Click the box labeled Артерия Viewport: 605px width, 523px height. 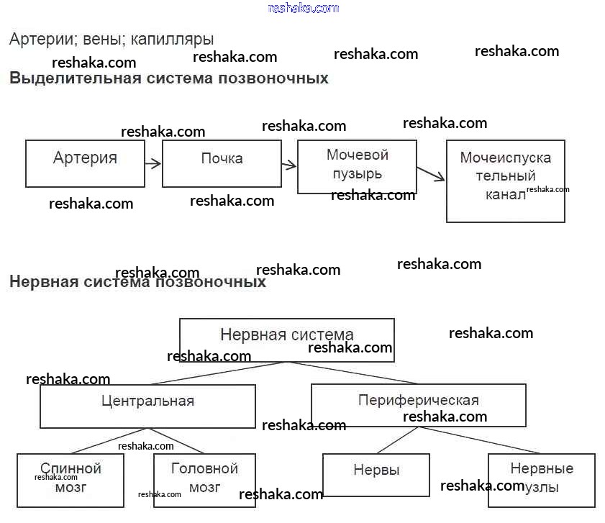pyautogui.click(x=85, y=163)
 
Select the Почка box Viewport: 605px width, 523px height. pyautogui.click(x=222, y=163)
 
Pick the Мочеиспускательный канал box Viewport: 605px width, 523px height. pyautogui.click(x=505, y=181)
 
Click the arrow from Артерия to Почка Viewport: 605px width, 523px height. pyautogui.click(x=153, y=163)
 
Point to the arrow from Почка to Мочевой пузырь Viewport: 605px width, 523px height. pyautogui.click(x=288, y=165)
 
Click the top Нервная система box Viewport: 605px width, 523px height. pyautogui.click(x=286, y=340)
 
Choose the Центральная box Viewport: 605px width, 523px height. pyautogui.click(x=147, y=406)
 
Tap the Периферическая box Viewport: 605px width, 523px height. pyautogui.click(x=418, y=405)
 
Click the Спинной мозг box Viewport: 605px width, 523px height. pyautogui.click(x=70, y=480)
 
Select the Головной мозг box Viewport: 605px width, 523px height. pyautogui.click(x=204, y=480)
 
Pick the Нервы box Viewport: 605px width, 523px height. pyautogui.click(x=376, y=474)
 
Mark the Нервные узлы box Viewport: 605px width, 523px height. pyautogui.click(x=541, y=480)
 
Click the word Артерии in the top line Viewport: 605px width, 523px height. pyautogui.click(x=34, y=39)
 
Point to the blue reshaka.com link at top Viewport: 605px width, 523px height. pyautogui.click(x=303, y=8)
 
